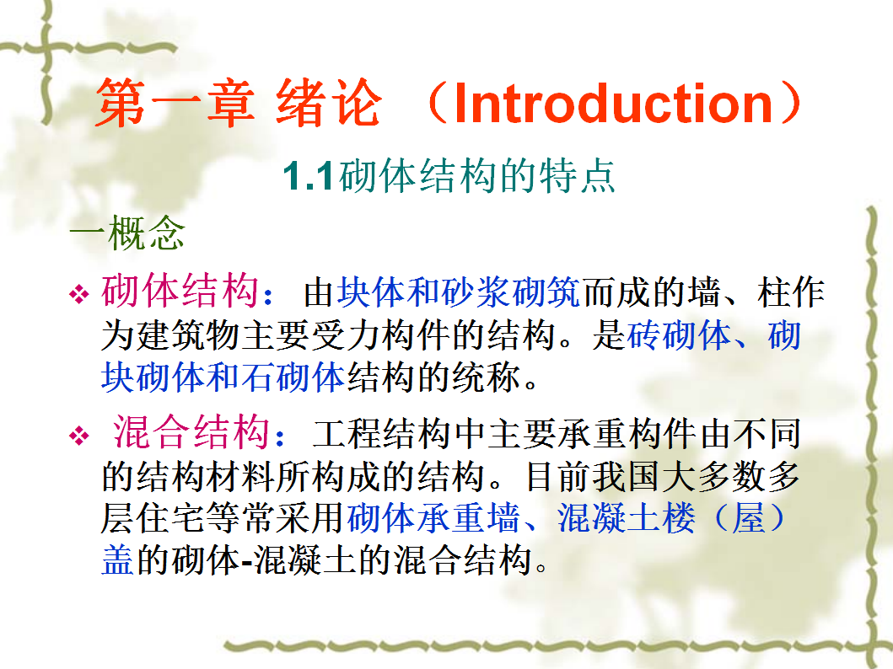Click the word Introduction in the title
pos(614,103)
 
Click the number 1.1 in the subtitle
pos(308,176)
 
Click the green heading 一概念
pos(127,232)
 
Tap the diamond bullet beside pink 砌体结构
pos(78,294)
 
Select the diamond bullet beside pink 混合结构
pos(78,436)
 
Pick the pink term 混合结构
pos(191,431)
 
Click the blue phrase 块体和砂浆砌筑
pos(459,292)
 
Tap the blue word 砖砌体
pos(679,335)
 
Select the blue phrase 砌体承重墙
pos(433,518)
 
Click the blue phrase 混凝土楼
pos(626,518)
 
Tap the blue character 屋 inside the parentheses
pos(748,518)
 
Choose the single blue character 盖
pos(118,560)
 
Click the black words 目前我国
pos(592,476)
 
